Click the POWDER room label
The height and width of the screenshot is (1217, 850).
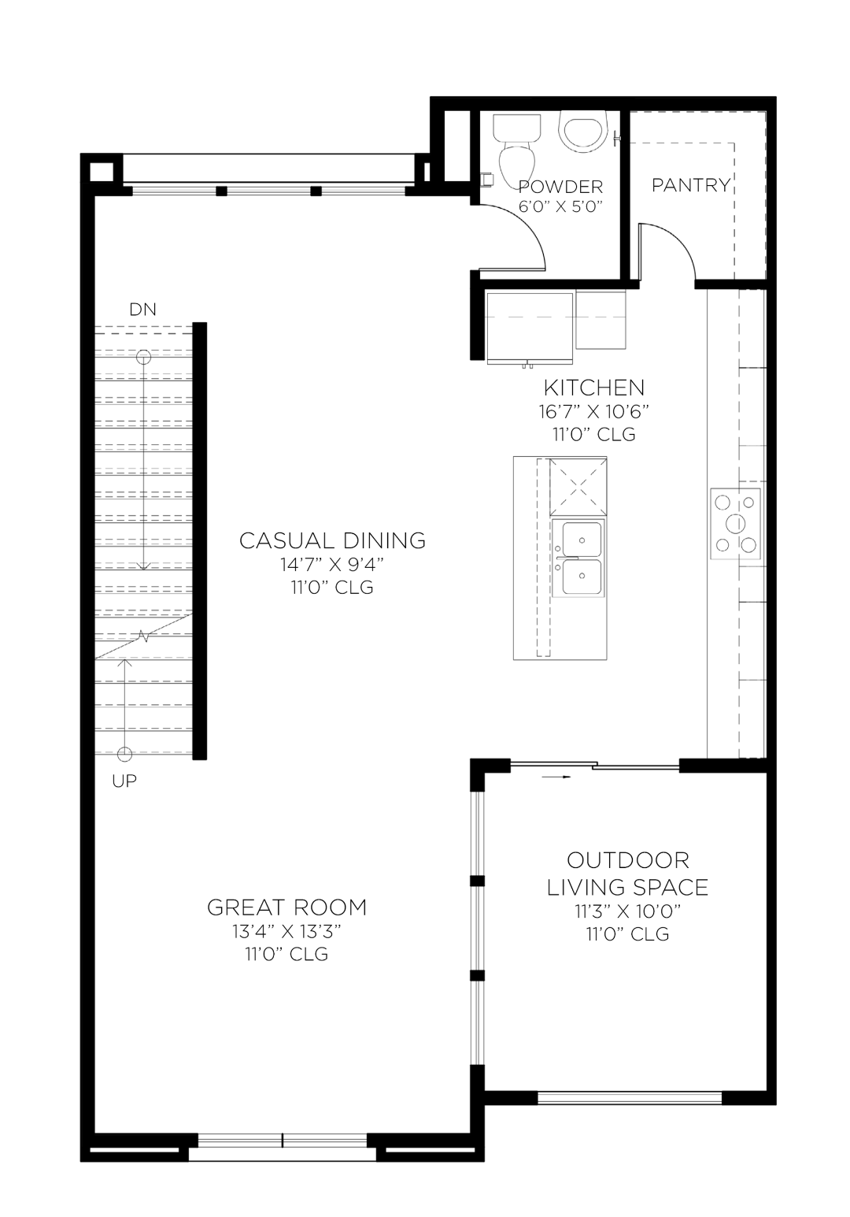point(560,187)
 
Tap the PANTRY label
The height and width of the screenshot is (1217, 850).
point(691,185)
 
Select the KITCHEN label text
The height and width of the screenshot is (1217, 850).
point(594,388)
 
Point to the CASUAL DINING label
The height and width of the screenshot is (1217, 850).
point(332,540)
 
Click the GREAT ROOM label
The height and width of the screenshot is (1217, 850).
point(287,907)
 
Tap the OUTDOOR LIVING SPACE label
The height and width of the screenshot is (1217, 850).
point(627,874)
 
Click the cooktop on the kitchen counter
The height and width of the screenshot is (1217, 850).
point(736,523)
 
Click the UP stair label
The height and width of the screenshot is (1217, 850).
point(124,781)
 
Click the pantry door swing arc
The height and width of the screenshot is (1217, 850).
point(671,248)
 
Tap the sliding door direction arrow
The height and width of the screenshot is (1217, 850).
point(555,777)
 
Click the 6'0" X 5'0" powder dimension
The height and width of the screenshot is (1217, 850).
point(560,207)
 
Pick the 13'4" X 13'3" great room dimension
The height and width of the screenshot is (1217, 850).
point(286,932)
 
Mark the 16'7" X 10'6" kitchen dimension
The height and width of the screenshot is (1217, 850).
point(594,411)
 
